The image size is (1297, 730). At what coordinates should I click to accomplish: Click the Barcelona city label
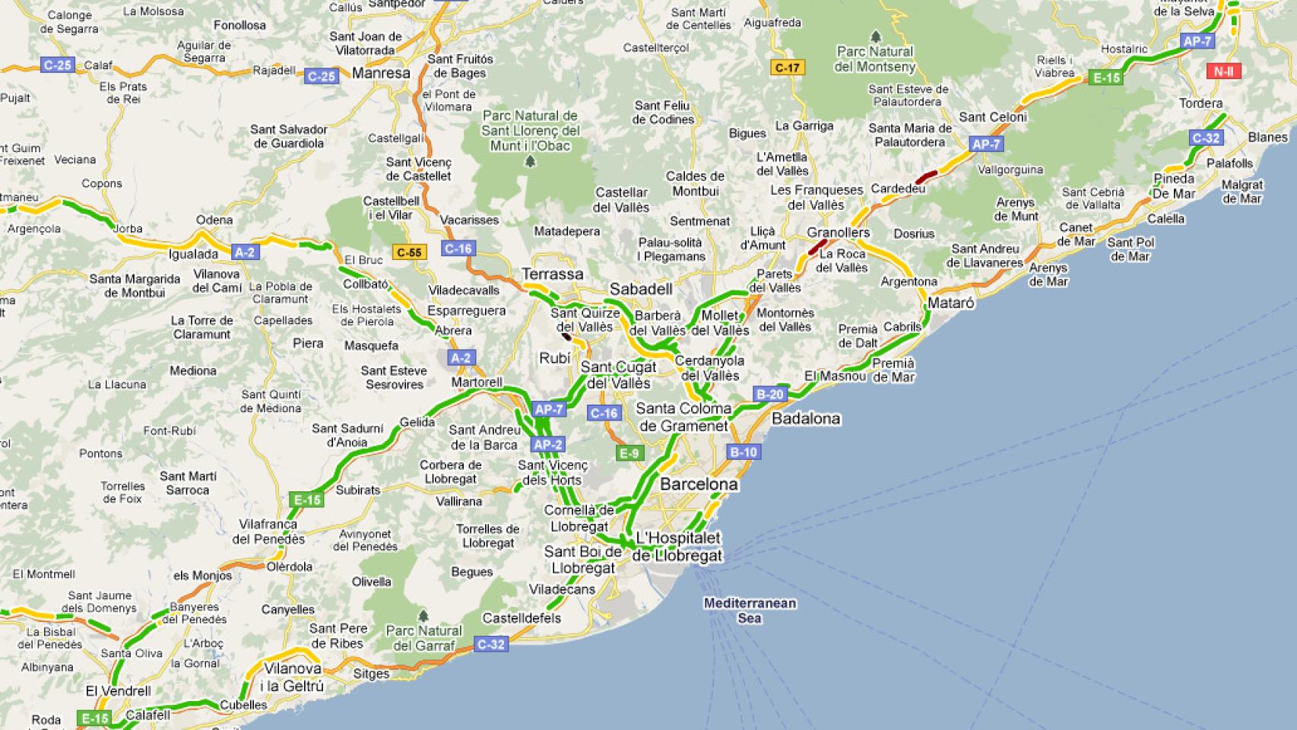pos(698,484)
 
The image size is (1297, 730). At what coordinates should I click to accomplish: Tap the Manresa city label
pos(381,74)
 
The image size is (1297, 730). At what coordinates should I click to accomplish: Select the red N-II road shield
pos(1223,71)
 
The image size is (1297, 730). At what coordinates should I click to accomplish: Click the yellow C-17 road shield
pos(787,68)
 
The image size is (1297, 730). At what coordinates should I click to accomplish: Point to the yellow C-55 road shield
pos(408,252)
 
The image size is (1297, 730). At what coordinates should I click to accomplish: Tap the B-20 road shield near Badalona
pos(769,394)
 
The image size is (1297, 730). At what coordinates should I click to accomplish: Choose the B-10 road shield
pos(743,452)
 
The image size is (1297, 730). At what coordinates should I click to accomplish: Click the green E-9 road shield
pos(629,454)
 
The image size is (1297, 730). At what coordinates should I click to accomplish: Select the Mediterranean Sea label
pos(750,611)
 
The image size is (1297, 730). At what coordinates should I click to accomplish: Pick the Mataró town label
pos(950,303)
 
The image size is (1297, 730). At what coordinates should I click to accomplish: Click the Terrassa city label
pos(553,274)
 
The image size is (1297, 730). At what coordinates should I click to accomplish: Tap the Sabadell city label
pos(641,289)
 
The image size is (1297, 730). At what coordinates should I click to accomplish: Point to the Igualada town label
pos(193,254)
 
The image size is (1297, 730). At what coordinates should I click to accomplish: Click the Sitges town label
pos(371,673)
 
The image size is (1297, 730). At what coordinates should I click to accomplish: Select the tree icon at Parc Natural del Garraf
pos(423,614)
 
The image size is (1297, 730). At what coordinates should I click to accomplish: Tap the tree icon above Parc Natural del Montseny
pos(875,36)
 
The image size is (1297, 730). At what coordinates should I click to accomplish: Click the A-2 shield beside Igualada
pos(245,252)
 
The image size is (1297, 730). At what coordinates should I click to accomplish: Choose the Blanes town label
pos(1267,138)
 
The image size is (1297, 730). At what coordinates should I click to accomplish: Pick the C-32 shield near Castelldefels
pos(490,644)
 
